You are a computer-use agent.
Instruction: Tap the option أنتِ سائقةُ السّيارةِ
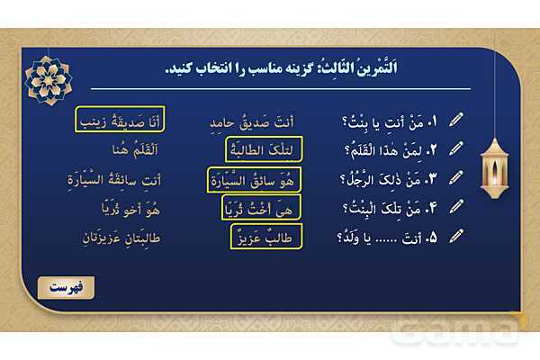click(96, 178)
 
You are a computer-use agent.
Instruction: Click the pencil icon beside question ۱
click(455, 120)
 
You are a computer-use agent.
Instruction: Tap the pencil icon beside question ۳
click(455, 178)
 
